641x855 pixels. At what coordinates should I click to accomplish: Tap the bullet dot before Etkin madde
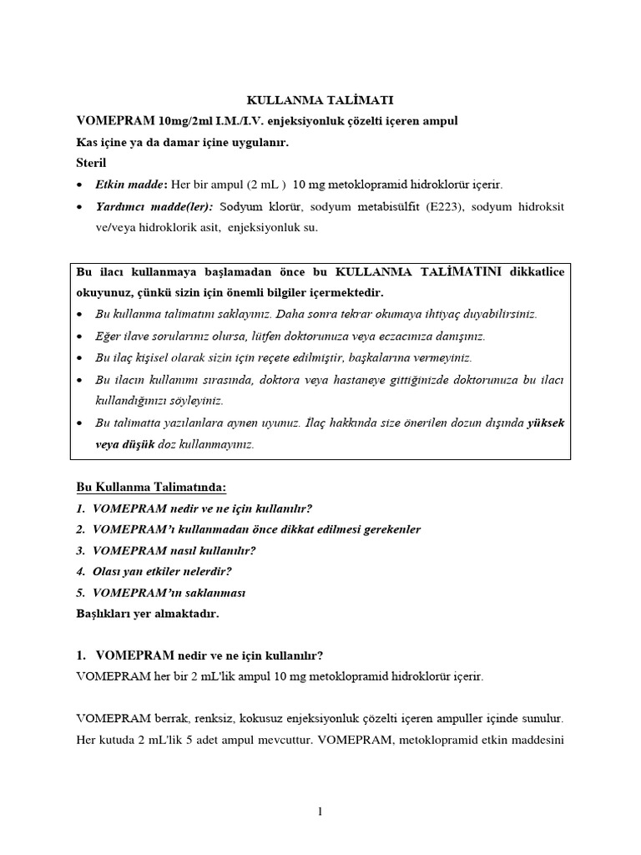point(79,185)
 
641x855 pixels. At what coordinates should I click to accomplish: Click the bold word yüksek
point(547,422)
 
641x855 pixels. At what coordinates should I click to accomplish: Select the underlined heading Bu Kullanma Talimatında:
point(151,487)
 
